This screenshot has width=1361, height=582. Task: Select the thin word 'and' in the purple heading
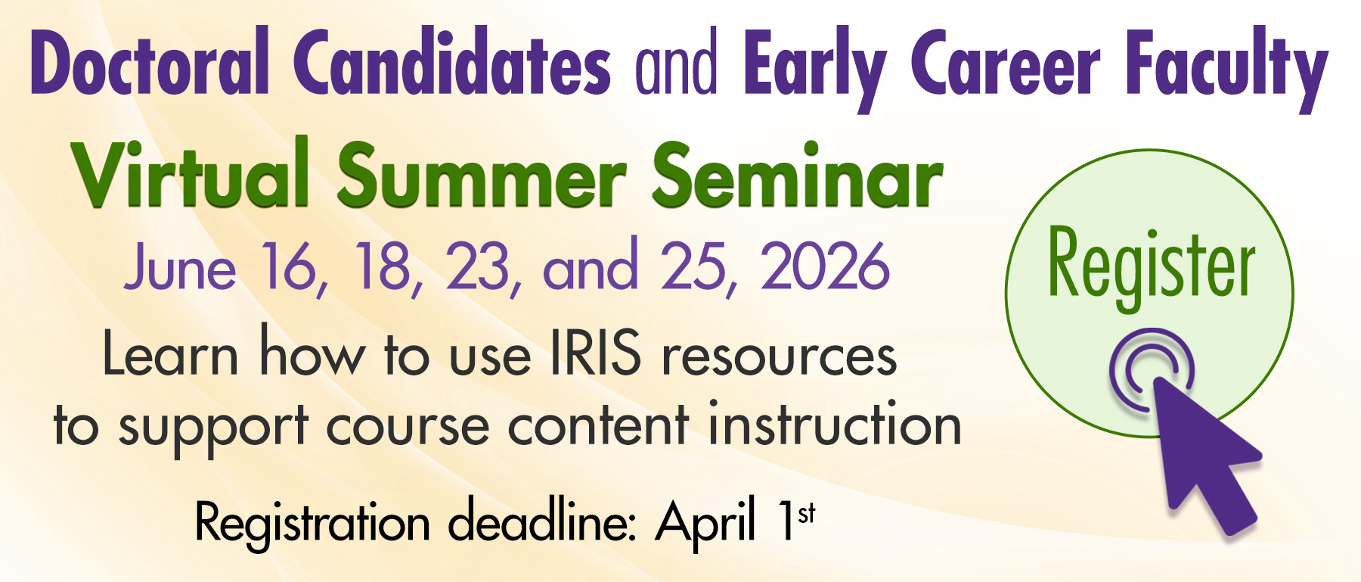676,64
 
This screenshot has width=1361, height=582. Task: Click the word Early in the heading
815,68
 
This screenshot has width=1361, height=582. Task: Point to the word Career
1006,65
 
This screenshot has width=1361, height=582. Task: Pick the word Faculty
1226,68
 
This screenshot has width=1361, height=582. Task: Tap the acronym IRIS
597,353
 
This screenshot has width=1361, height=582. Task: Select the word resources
780,356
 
